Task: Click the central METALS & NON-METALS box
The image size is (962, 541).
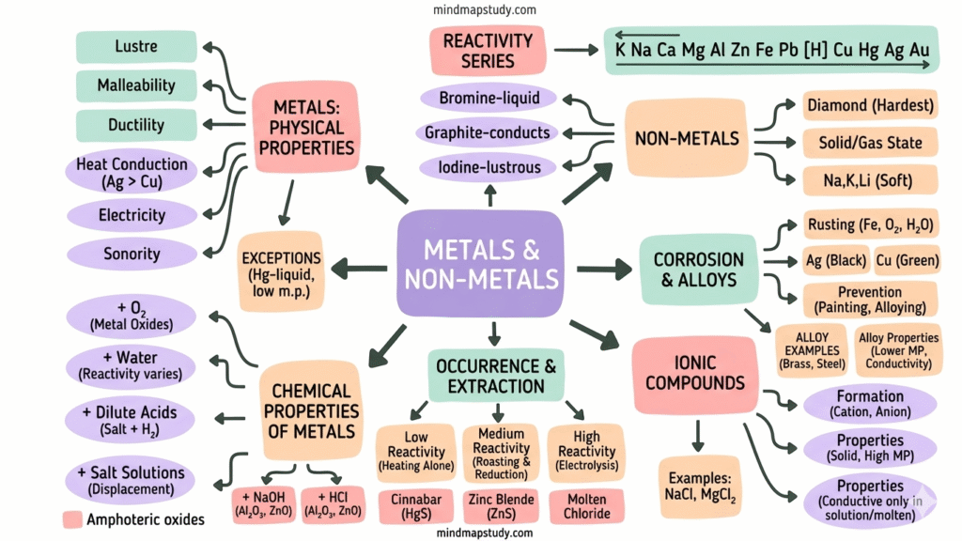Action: pyautogui.click(x=480, y=263)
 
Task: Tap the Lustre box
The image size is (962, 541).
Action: pyautogui.click(x=136, y=46)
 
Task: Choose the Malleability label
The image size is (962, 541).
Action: pyautogui.click(x=136, y=85)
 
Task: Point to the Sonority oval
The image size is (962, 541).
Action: pyautogui.click(x=131, y=254)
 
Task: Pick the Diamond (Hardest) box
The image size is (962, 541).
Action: pyautogui.click(x=870, y=105)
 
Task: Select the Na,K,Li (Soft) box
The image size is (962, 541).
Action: pyautogui.click(x=870, y=179)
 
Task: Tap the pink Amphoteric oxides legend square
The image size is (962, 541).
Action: pyautogui.click(x=71, y=519)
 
